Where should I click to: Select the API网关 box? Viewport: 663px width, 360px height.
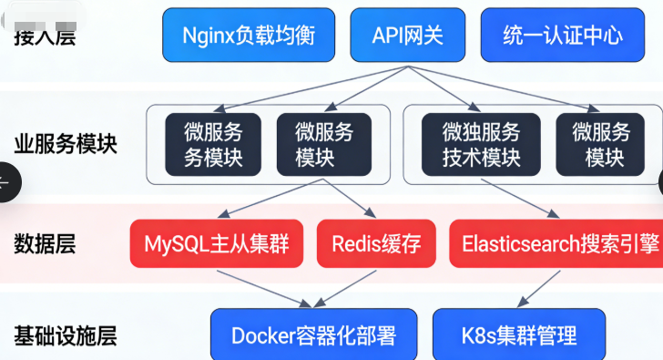pos(408,36)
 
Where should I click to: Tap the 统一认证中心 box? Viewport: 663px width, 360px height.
pos(563,36)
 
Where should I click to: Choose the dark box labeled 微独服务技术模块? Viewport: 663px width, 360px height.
pos(482,144)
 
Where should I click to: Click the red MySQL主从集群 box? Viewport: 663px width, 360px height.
pos(217,244)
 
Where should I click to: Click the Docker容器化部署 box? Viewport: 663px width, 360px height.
pos(314,335)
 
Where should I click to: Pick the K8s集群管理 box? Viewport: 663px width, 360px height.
pos(518,335)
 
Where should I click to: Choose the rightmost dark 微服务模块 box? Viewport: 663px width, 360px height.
pos(601,144)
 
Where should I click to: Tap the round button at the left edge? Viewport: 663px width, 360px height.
pos(5,181)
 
